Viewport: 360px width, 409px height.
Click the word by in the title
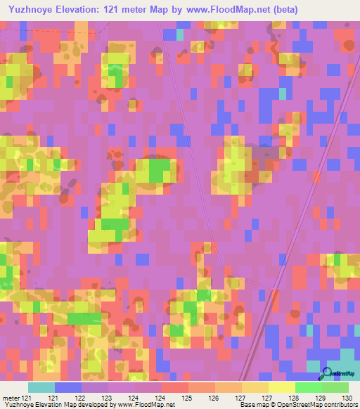176,10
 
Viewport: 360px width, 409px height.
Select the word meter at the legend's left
11,398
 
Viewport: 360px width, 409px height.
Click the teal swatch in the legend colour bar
41,387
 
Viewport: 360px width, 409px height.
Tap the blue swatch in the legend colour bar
68,387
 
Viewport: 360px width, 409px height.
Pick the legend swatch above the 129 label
309,387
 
